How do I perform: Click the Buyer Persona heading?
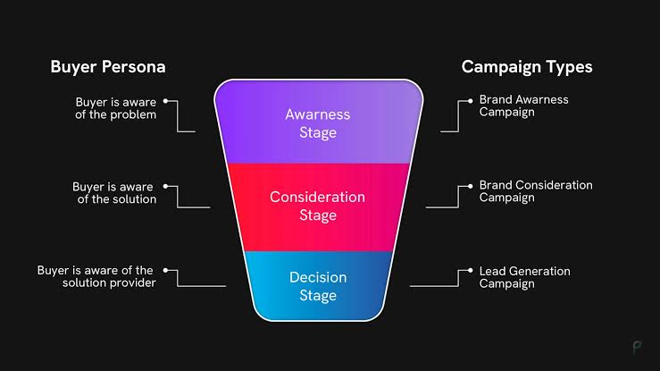107,67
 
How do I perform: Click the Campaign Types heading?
526,67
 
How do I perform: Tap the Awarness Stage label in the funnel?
317,123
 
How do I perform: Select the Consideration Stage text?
317,206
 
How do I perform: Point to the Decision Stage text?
317,286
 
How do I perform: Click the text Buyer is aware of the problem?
115,107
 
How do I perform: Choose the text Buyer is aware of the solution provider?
96,276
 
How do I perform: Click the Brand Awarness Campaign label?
523,105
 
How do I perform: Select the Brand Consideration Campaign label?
535,191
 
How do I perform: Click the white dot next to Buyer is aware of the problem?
166,100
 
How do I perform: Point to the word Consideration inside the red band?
317,197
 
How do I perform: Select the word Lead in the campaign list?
492,271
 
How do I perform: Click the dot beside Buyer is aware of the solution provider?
164,270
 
